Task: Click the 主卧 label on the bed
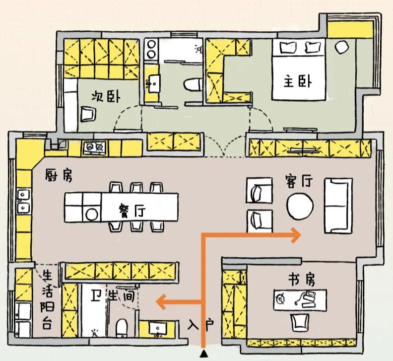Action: click(298, 81)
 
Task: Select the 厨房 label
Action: click(58, 176)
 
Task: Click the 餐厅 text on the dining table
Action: click(132, 211)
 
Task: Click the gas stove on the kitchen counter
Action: click(95, 146)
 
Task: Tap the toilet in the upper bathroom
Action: click(192, 85)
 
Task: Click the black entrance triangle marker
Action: click(203, 354)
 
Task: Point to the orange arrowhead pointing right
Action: click(296, 235)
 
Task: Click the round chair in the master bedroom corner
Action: click(341, 47)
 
